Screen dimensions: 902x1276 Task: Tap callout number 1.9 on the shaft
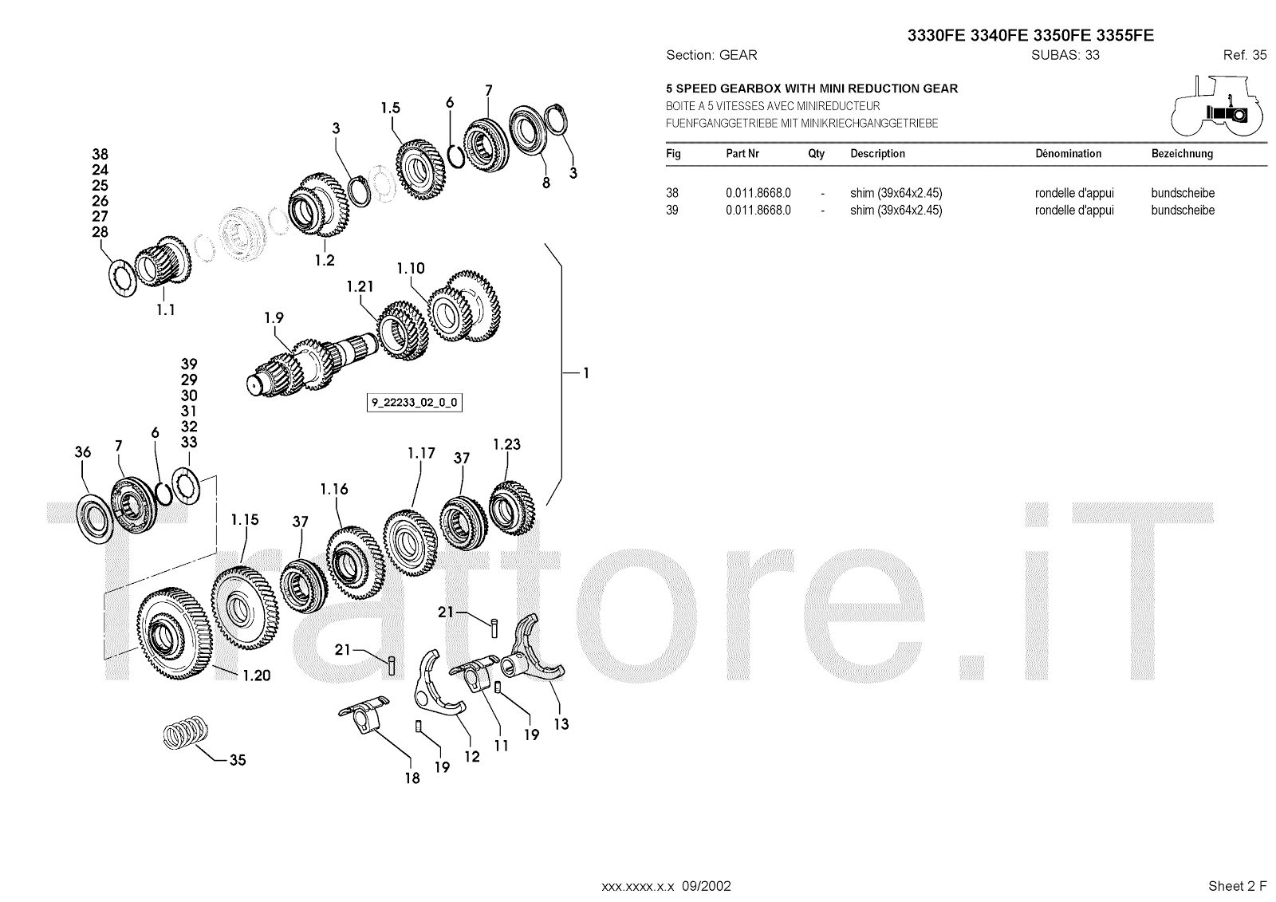(274, 318)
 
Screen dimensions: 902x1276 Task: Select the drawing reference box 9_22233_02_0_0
(415, 403)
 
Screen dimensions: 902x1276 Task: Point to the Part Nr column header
(742, 154)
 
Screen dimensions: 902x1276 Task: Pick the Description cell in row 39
(896, 211)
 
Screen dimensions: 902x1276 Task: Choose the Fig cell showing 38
(672, 193)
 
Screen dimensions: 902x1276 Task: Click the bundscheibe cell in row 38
(1183, 193)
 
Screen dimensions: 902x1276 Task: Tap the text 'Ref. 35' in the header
(1244, 55)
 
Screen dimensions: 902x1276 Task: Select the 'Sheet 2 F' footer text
(1237, 886)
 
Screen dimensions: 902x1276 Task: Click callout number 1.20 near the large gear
(256, 676)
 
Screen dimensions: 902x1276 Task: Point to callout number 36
(83, 452)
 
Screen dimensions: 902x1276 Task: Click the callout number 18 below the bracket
(412, 778)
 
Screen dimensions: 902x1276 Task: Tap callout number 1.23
(506, 444)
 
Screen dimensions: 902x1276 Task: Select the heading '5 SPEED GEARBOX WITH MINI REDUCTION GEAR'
(812, 89)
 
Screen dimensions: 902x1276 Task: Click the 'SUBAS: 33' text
(1065, 55)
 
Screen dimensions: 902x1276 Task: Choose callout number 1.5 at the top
(390, 108)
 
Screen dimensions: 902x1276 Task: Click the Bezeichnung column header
(1182, 154)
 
